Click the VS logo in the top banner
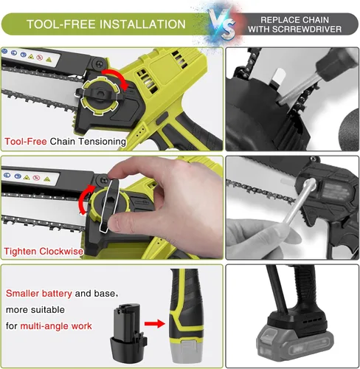pyautogui.click(x=222, y=24)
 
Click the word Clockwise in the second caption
pyautogui.click(x=61, y=252)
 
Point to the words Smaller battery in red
pyautogui.click(x=39, y=293)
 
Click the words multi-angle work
pyautogui.click(x=56, y=326)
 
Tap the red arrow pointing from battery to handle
pyautogui.click(x=155, y=323)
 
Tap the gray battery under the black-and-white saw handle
pyautogui.click(x=295, y=344)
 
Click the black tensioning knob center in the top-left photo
pyautogui.click(x=100, y=94)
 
